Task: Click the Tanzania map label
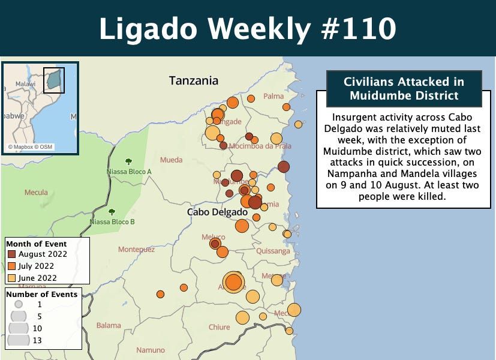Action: [x=193, y=80]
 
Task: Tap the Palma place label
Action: [x=273, y=96]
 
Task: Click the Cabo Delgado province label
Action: [x=217, y=212]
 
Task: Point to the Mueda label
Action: [x=171, y=160]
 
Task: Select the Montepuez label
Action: [x=136, y=249]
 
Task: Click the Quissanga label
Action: [x=273, y=251]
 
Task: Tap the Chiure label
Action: [x=219, y=327]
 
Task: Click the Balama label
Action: [x=109, y=326]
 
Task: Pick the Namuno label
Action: [x=150, y=350]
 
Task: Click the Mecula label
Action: [x=36, y=193]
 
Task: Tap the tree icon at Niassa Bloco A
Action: [x=128, y=161]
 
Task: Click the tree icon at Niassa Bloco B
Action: [x=112, y=212]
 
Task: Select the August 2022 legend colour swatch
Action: [x=11, y=254]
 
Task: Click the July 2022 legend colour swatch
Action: [x=11, y=266]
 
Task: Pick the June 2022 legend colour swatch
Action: [x=11, y=278]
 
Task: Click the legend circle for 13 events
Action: [x=19, y=340]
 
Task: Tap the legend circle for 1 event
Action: [x=19, y=304]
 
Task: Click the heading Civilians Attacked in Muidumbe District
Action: [x=404, y=88]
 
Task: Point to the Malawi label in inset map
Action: [x=25, y=84]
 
